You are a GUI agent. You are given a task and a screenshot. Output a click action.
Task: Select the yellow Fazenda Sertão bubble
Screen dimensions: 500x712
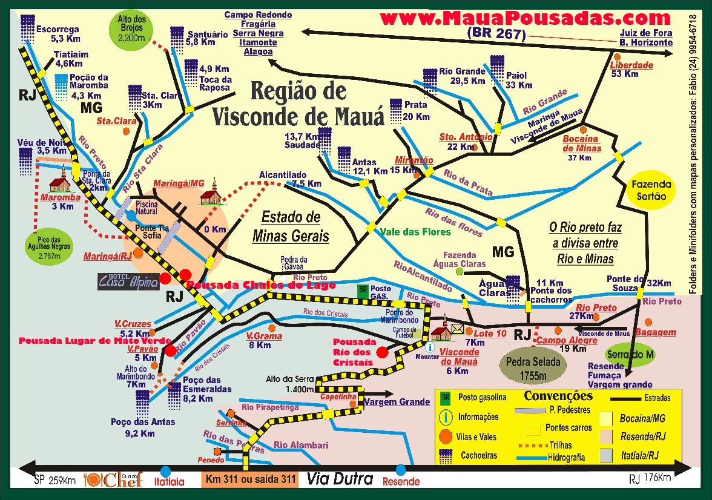[x=651, y=190]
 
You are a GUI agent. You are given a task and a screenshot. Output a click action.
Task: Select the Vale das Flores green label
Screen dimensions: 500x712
[x=415, y=232]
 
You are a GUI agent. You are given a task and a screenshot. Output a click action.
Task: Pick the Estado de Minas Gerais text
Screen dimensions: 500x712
[x=295, y=226]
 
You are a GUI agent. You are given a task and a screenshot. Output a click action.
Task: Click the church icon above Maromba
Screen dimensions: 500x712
[x=61, y=179]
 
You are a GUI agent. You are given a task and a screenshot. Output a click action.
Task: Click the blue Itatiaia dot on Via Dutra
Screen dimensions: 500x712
[x=165, y=471]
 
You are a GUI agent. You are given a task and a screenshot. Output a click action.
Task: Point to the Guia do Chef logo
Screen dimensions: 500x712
[x=115, y=479]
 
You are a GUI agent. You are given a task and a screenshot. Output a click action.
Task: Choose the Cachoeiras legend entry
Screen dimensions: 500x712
[x=469, y=455]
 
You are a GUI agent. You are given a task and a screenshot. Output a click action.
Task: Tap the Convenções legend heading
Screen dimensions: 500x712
[x=558, y=396]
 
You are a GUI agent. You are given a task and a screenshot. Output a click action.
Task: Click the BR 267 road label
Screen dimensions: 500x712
[x=495, y=34]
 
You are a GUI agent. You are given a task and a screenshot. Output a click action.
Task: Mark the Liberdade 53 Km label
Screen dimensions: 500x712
[x=631, y=69]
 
